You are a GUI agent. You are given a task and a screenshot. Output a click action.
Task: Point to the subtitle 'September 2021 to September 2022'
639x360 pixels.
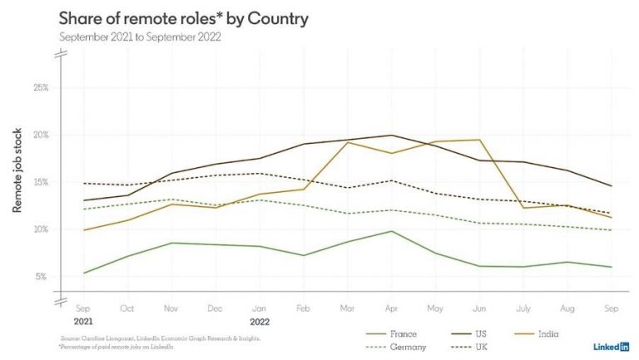(140, 38)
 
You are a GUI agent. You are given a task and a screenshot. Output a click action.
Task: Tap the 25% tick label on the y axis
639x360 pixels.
(41, 87)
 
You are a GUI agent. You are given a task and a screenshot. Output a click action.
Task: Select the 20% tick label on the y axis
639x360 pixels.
(41, 135)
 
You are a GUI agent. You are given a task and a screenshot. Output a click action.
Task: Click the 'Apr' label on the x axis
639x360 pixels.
(391, 309)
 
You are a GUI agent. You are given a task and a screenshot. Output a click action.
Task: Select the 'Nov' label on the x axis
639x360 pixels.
(172, 309)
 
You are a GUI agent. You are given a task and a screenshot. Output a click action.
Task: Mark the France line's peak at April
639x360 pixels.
(391, 231)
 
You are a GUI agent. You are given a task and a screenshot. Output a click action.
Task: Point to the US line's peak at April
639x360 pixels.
(391, 136)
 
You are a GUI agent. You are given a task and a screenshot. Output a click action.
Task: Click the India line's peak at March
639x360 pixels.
(346, 142)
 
